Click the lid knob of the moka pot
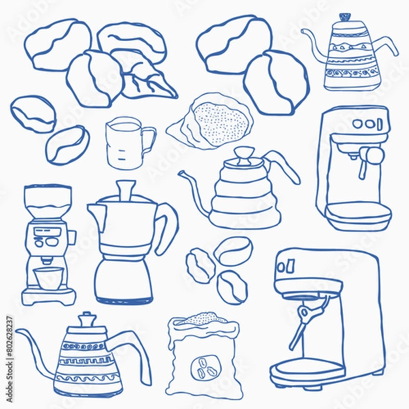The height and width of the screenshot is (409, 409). click(125, 187)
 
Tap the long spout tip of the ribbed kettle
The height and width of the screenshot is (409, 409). click(182, 175)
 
